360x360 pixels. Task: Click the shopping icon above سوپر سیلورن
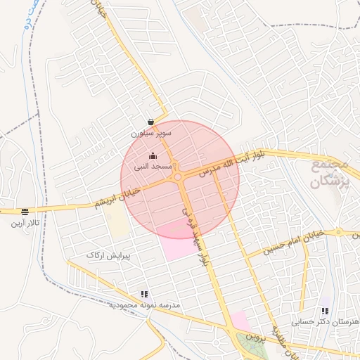click(151, 122)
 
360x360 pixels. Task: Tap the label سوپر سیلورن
click(149, 132)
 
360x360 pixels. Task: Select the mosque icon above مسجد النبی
click(153, 155)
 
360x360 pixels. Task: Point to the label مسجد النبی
click(153, 167)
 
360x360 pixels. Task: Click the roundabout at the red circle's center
click(180, 176)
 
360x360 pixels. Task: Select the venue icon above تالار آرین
click(25, 212)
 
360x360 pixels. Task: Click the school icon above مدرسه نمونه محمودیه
click(144, 295)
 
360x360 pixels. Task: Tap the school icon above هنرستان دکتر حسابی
click(324, 310)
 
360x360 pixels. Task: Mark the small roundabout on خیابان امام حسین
click(338, 231)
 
